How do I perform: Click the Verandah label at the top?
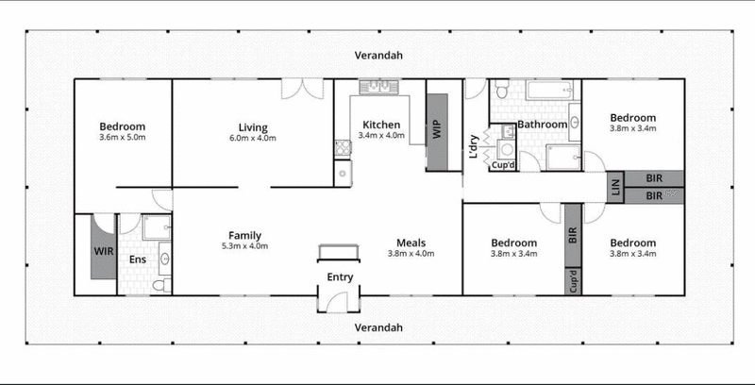click(378, 56)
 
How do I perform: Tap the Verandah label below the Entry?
click(378, 327)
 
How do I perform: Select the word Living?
click(252, 127)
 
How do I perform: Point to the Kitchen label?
click(382, 125)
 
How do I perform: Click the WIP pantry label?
click(437, 130)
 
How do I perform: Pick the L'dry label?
click(474, 148)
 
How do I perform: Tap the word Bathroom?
click(542, 125)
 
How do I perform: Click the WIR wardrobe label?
click(103, 252)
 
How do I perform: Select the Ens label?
click(138, 258)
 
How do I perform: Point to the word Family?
click(244, 235)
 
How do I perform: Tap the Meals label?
click(411, 242)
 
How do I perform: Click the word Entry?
click(340, 277)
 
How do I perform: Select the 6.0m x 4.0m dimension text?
click(252, 139)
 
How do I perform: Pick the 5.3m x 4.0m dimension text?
click(244, 246)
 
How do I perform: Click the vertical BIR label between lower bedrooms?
click(572, 236)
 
